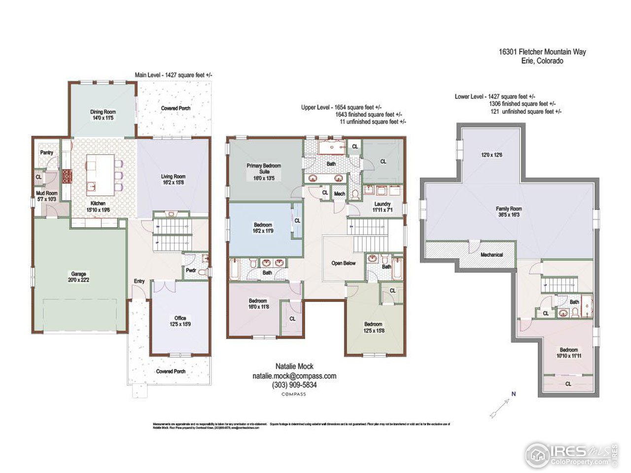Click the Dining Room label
pos(103,112)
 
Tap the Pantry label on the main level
pos(47,153)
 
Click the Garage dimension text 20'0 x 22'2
pos(79,280)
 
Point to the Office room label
pos(180,318)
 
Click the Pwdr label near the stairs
pos(191,270)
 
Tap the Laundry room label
pos(382,204)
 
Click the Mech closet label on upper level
pos(339,194)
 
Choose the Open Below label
pos(343,263)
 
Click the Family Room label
pos(509,209)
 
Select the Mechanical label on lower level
pos(491,255)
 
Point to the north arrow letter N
pos(513,394)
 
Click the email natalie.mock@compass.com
pos(294,375)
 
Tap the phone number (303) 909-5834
pos(294,385)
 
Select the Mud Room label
pos(46,194)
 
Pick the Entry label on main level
pos(139,281)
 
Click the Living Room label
pos(173,176)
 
